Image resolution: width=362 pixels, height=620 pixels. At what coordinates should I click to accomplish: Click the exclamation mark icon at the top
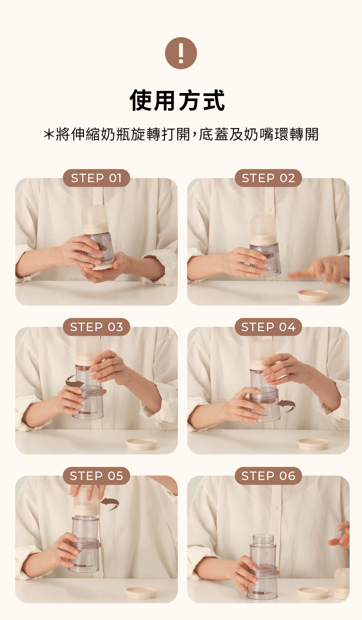pos(181,53)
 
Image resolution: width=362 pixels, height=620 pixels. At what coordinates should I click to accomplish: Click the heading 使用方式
pos(178,100)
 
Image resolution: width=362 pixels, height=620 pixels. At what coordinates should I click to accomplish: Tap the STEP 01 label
pos(96,178)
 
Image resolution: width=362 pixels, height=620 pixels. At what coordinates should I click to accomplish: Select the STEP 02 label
pos(268,178)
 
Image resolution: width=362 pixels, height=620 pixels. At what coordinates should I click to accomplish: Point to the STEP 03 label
pos(96,327)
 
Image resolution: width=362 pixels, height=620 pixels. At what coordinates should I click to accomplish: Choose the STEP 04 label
pos(268,327)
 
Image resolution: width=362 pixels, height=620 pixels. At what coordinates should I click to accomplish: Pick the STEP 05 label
pos(96,476)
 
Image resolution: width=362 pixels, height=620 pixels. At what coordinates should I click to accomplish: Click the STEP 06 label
pos(268,476)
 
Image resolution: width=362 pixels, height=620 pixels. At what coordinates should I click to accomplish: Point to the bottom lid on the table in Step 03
pos(141,444)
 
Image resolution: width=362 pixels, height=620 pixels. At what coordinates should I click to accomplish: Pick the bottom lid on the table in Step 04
pos(313,444)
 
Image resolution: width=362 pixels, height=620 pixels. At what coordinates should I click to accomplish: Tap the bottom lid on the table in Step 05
pos(142,593)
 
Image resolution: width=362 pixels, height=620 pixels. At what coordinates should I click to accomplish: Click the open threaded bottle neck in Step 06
pos(263,540)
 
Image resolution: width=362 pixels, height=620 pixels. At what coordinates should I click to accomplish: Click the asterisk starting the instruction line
pos(49,134)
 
